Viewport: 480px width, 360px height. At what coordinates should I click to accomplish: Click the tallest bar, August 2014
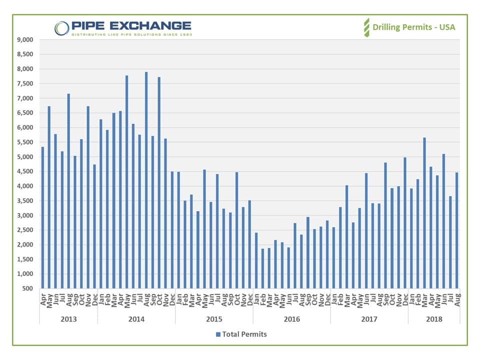[x=146, y=180]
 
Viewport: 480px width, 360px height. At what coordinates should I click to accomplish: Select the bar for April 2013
[x=42, y=217]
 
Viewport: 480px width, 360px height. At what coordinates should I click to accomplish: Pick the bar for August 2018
[x=456, y=230]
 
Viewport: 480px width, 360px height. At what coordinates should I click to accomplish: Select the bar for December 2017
[x=405, y=222]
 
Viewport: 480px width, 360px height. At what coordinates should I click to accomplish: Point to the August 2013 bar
[x=68, y=190]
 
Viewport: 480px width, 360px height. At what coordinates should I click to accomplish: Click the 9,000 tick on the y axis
[x=24, y=39]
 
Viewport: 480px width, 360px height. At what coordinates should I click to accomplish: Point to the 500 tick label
[x=27, y=288]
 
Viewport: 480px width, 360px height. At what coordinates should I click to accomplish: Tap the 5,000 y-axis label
[x=24, y=157]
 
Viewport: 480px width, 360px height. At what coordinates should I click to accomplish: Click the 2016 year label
[x=291, y=318]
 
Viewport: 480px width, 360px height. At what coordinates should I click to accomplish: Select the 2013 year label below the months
[x=68, y=318]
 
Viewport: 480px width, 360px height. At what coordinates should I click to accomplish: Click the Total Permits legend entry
[x=241, y=334]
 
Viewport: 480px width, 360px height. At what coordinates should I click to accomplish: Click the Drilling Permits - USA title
[x=414, y=27]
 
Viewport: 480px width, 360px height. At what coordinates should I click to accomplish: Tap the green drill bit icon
[x=366, y=27]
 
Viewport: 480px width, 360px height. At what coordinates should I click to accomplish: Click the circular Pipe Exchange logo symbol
[x=62, y=27]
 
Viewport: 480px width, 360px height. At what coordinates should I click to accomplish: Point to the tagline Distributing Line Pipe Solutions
[x=131, y=34]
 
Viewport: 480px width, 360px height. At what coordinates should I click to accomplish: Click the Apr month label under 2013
[x=43, y=299]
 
